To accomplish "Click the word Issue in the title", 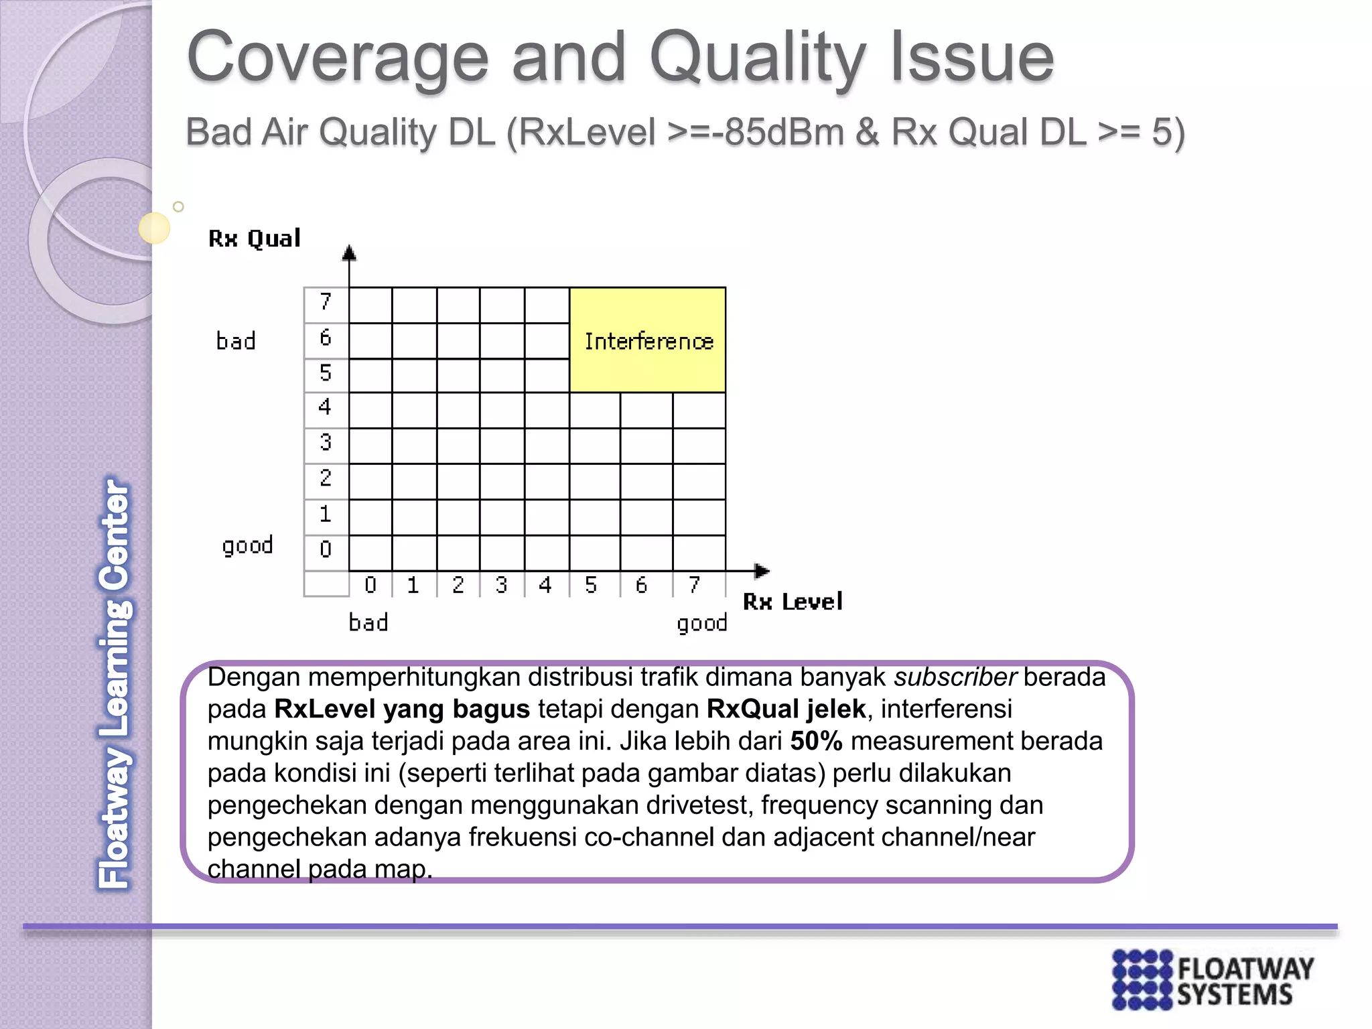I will (972, 59).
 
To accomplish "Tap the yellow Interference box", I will (647, 340).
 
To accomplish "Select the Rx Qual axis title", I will (255, 238).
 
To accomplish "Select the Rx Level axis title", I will (793, 602).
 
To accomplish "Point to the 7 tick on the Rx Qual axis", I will (326, 302).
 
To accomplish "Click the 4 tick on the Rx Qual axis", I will (326, 407).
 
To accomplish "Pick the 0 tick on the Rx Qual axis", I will (326, 549).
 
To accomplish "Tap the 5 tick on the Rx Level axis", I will (590, 586).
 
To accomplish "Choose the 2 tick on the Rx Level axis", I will (458, 586).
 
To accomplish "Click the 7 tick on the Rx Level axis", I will (695, 586).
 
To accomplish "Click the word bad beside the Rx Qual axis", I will (236, 341).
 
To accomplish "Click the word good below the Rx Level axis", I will (701, 624).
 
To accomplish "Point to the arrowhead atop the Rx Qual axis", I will (349, 253).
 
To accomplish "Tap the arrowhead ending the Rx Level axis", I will (762, 571).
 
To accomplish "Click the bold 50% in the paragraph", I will (816, 741).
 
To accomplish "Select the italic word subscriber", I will (955, 677).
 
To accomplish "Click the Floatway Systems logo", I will (1212, 979).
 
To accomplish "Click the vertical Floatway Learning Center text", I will (115, 683).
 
